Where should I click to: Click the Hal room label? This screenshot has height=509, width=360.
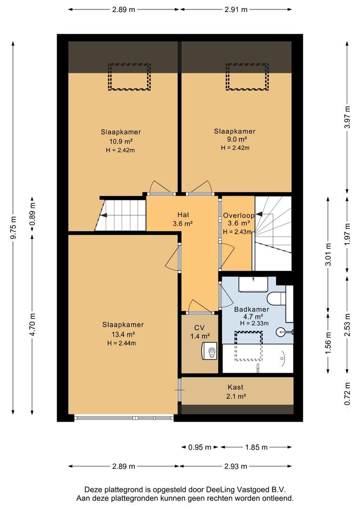[183, 215]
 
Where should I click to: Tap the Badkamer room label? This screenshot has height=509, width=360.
[252, 309]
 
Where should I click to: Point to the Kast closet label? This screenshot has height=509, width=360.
[236, 387]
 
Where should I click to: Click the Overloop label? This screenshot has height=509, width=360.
[238, 215]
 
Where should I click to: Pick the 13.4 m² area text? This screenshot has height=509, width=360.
[123, 334]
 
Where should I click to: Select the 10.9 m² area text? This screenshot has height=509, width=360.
[121, 141]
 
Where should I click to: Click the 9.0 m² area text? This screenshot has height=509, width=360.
[235, 140]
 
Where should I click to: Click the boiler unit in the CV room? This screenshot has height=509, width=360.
[209, 351]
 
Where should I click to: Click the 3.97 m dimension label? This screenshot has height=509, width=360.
[347, 117]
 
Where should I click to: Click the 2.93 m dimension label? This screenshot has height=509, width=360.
[236, 467]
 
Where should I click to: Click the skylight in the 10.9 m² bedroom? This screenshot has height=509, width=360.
[129, 77]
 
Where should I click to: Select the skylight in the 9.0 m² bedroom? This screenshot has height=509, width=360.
[247, 77]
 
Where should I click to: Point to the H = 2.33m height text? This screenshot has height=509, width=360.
[254, 323]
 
